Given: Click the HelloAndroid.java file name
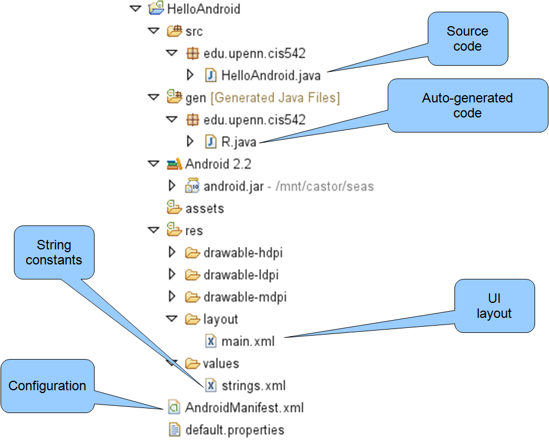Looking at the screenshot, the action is [x=271, y=75].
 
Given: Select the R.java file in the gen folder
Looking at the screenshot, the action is [x=239, y=142].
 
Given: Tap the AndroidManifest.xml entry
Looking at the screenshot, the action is [x=244, y=407].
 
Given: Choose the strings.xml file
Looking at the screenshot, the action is [x=254, y=386].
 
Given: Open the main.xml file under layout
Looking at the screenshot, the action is [x=248, y=341].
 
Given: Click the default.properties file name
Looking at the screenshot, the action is [x=235, y=430].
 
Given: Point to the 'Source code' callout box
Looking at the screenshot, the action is [x=468, y=38].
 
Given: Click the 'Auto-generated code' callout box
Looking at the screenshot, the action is [x=468, y=106].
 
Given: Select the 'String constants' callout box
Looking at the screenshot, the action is [x=55, y=252].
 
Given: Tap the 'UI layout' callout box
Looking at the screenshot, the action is [x=494, y=306].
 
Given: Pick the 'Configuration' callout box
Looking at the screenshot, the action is [x=48, y=386].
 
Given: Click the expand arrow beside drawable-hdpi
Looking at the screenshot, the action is [x=172, y=252].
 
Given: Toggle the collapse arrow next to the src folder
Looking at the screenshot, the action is [x=154, y=31].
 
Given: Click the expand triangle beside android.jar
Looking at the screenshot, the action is [x=172, y=185].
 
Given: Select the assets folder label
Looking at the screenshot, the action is [x=205, y=209].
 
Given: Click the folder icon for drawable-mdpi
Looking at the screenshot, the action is [x=192, y=297].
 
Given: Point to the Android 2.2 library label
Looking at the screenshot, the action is [x=218, y=164].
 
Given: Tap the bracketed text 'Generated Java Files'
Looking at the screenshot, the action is [x=275, y=97].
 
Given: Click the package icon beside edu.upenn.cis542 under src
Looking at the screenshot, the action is [x=192, y=53].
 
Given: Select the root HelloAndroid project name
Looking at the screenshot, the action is [x=204, y=9].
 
